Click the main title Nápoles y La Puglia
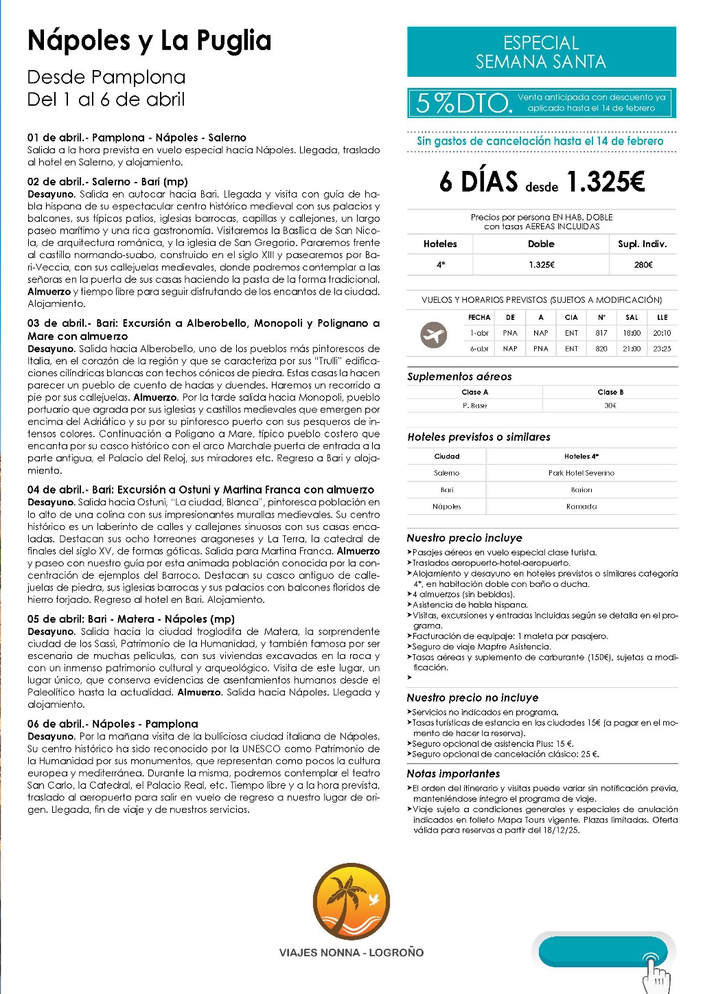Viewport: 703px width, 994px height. (149, 41)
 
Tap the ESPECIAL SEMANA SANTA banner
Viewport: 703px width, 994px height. (541, 52)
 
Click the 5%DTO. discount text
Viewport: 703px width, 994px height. (464, 103)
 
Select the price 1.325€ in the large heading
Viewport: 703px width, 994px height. (606, 182)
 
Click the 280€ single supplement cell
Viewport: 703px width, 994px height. (643, 265)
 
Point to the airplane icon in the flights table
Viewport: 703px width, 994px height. (433, 336)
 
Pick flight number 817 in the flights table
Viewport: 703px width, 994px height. (601, 333)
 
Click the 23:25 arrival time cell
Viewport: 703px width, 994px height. (662, 349)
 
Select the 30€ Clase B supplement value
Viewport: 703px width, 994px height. (610, 406)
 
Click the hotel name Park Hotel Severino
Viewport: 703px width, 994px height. (581, 473)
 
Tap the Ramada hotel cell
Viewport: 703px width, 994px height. (581, 507)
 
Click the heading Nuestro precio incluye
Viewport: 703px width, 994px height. (464, 538)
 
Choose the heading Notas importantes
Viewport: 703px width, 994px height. (453, 774)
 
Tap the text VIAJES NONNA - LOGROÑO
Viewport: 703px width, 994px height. (351, 953)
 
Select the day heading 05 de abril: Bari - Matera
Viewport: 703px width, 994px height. (130, 619)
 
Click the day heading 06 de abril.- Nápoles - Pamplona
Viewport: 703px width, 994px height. (113, 724)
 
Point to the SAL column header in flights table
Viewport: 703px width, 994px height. (632, 317)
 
